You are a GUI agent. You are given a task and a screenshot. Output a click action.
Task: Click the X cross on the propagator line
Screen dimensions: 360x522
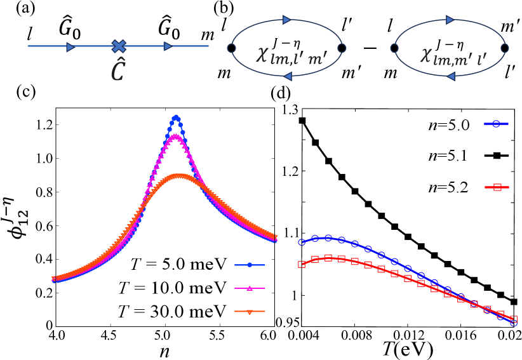click(119, 46)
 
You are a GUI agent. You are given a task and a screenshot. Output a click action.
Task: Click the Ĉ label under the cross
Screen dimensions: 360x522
click(118, 72)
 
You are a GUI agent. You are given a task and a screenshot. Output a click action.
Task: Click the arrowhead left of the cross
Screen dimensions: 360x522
click(70, 47)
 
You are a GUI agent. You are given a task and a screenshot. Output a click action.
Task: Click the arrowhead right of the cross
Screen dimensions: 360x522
click(168, 46)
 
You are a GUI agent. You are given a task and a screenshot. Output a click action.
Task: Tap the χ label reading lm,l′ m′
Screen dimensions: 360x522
click(291, 55)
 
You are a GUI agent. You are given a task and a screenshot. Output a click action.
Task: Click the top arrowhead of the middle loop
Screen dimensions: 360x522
click(286, 20)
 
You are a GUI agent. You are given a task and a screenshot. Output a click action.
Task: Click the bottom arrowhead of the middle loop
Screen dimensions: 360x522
click(288, 76)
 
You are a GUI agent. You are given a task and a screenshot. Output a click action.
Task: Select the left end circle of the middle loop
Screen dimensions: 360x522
click(231, 48)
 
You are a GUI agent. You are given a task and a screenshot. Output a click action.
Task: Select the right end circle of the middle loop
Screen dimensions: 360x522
click(342, 48)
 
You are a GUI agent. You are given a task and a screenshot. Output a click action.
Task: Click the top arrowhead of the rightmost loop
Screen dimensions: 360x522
click(450, 20)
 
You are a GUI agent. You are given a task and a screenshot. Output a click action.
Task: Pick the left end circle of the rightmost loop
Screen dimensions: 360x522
click(394, 48)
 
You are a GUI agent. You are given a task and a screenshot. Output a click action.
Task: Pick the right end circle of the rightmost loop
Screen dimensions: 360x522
click(505, 48)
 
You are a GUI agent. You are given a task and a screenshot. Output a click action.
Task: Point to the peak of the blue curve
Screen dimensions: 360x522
click(177, 117)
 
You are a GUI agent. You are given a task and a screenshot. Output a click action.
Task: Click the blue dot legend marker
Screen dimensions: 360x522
click(250, 265)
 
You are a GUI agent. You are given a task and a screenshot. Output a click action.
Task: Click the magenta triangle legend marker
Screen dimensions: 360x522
click(250, 288)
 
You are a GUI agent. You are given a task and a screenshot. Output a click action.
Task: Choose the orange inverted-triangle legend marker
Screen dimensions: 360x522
click(250, 312)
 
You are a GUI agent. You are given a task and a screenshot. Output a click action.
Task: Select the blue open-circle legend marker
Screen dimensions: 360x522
click(497, 124)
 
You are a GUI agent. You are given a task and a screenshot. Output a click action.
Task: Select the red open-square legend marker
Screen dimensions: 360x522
click(497, 187)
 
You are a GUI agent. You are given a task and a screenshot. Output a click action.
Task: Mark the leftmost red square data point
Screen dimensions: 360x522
click(302, 264)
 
